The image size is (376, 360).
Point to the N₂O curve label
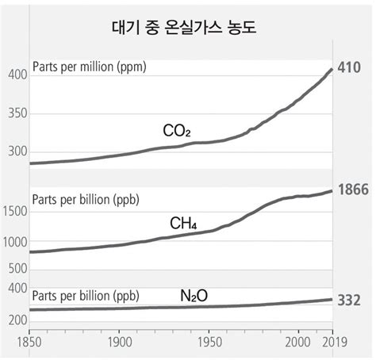194,296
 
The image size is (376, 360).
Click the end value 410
349,68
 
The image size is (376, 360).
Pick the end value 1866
353,191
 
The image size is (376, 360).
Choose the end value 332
349,300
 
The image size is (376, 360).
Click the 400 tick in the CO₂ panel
17,75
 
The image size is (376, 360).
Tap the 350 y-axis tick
17,113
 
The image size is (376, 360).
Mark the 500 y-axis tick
17,269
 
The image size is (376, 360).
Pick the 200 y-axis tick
17,320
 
